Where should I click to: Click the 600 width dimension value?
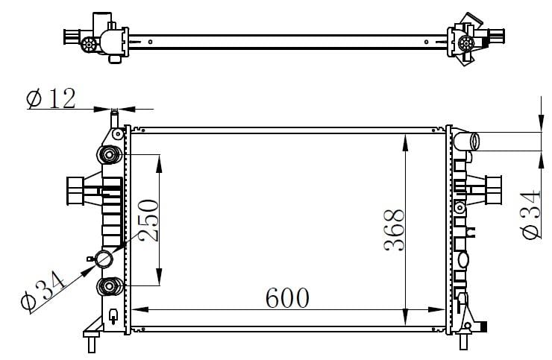tap(287, 297)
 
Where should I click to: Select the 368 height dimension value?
tap(394, 230)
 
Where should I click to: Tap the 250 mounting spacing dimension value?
tap(148, 221)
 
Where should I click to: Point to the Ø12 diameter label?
tap(51, 98)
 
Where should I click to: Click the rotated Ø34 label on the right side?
tap(530, 215)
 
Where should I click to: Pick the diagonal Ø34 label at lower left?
tap(43, 291)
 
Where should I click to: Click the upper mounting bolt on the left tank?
tap(109, 154)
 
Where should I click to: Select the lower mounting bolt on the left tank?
tap(109, 286)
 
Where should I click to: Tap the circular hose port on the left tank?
tap(104, 259)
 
